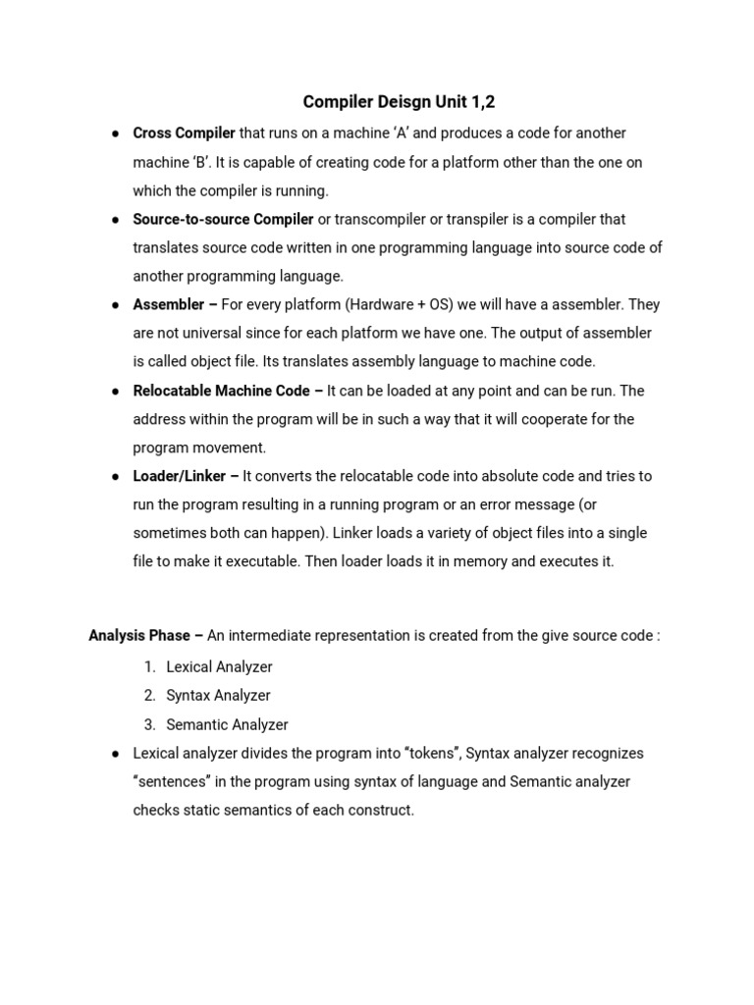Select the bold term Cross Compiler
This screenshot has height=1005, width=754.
[184, 132]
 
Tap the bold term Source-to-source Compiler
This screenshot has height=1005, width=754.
[223, 219]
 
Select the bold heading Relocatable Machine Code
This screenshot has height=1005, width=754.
[221, 391]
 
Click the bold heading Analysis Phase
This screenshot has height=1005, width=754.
[138, 635]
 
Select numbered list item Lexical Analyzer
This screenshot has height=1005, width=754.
[219, 666]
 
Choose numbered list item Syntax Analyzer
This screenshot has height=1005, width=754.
[218, 695]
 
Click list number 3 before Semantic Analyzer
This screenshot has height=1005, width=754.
[149, 724]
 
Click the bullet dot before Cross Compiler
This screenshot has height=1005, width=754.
[115, 133]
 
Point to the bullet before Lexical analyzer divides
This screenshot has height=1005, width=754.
[115, 754]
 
